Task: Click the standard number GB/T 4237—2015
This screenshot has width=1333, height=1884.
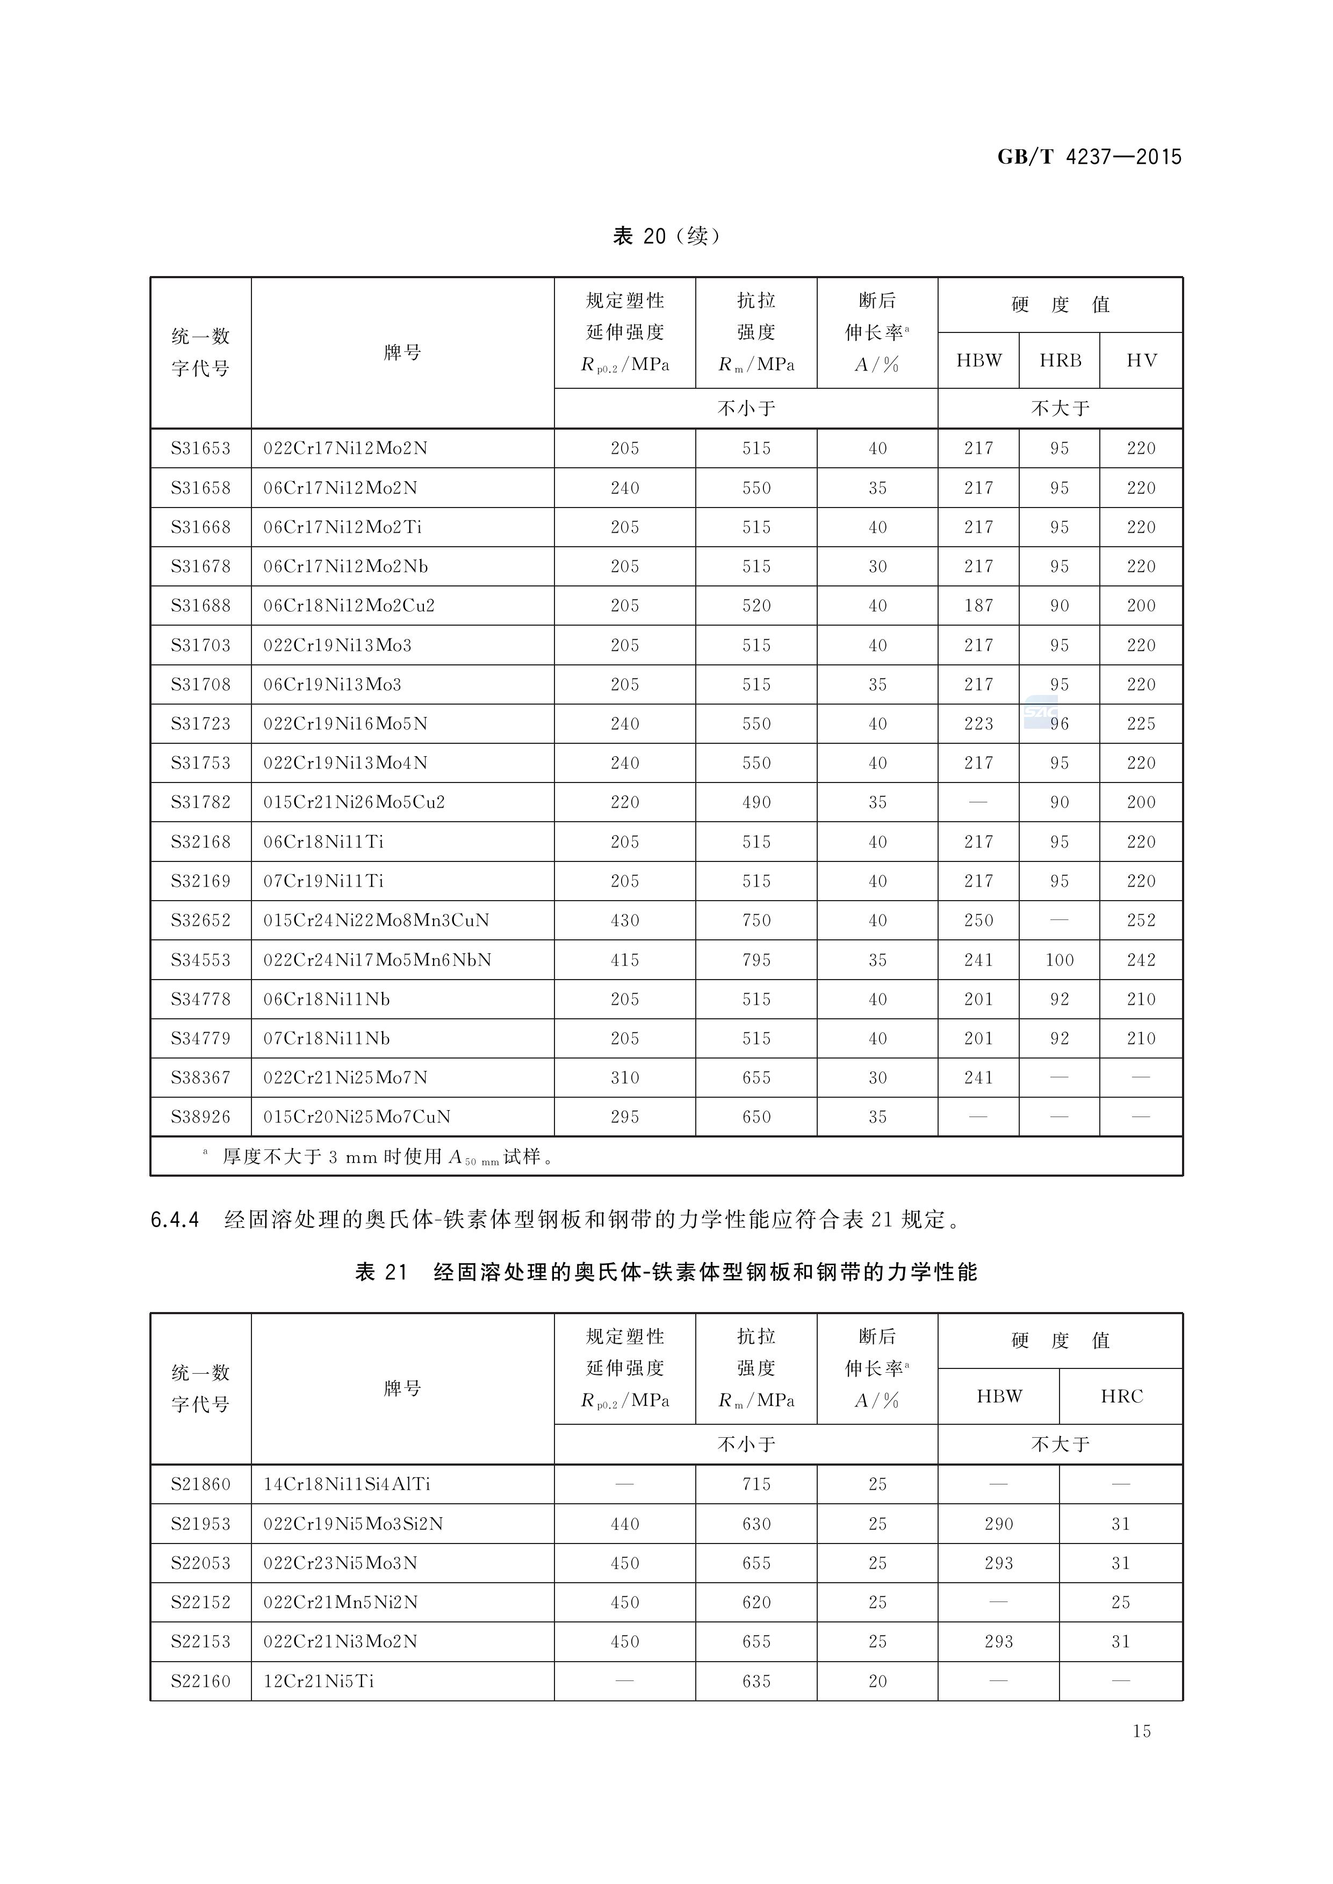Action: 1089,157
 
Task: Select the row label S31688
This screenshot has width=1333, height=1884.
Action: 200,606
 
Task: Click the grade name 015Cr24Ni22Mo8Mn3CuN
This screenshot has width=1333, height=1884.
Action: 376,920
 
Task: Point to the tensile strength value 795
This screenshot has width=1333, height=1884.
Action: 756,959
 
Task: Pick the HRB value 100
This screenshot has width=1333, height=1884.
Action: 1059,959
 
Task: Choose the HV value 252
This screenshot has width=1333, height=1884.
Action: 1141,920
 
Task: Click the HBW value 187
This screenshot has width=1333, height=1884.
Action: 978,606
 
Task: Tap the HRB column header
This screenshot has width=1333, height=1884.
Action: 1060,360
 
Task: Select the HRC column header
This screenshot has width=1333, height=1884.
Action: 1121,1396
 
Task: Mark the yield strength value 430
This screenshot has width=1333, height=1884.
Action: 625,920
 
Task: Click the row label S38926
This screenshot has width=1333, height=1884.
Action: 200,1117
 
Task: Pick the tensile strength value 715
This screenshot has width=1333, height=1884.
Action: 756,1483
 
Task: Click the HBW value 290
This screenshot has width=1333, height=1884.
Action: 999,1524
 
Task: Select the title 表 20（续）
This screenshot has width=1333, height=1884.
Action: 666,236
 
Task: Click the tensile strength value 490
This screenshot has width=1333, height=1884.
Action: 756,802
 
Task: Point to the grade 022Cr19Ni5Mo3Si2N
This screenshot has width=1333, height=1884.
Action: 353,1524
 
